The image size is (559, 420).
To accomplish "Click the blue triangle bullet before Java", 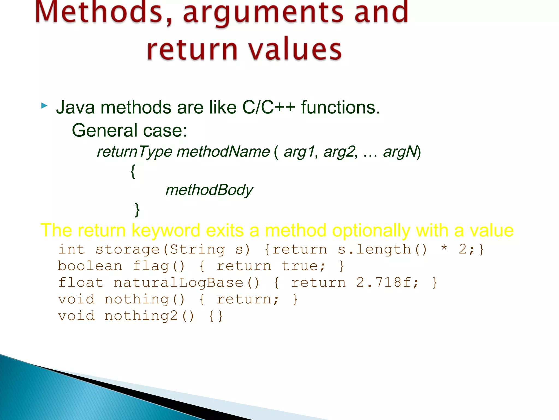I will (x=44, y=106).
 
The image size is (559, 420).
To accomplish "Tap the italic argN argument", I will (x=400, y=151).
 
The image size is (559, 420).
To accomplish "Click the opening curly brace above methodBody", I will (x=133, y=171).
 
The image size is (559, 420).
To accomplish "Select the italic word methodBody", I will (x=209, y=190).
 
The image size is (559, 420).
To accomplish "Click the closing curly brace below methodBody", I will (x=137, y=209).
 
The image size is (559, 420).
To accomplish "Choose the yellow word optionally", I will (x=371, y=230).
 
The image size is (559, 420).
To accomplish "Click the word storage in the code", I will (x=127, y=249).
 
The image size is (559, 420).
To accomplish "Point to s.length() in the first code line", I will (x=382, y=249).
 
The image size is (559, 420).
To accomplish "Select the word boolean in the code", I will (x=90, y=266).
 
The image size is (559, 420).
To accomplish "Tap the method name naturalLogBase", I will (x=178, y=282).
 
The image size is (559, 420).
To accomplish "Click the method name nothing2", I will (x=141, y=316).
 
